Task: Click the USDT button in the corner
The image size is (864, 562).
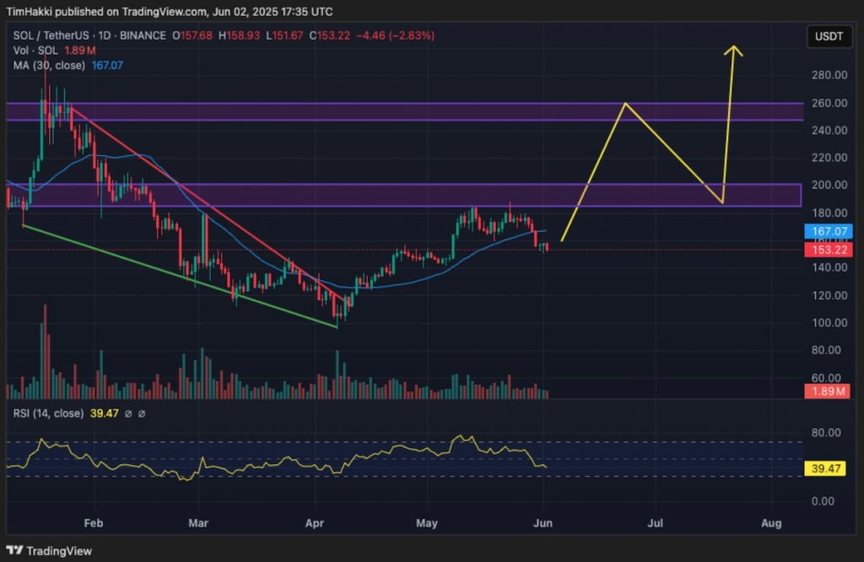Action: [x=828, y=36]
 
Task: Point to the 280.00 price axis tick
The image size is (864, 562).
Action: [x=829, y=75]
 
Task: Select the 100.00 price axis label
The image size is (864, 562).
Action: [x=829, y=322]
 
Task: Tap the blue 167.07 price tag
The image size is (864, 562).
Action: [x=829, y=230]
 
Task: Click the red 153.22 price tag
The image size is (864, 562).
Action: [x=829, y=249]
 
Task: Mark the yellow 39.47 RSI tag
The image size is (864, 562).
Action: [x=829, y=467]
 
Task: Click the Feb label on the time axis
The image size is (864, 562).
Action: [x=93, y=523]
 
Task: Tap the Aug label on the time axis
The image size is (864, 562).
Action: [x=770, y=523]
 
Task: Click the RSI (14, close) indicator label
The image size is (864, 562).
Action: [x=47, y=413]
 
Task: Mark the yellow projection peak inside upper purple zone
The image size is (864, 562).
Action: [x=624, y=104]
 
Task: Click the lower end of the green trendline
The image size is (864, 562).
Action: [x=337, y=327]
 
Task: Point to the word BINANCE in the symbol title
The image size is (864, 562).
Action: [x=143, y=35]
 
